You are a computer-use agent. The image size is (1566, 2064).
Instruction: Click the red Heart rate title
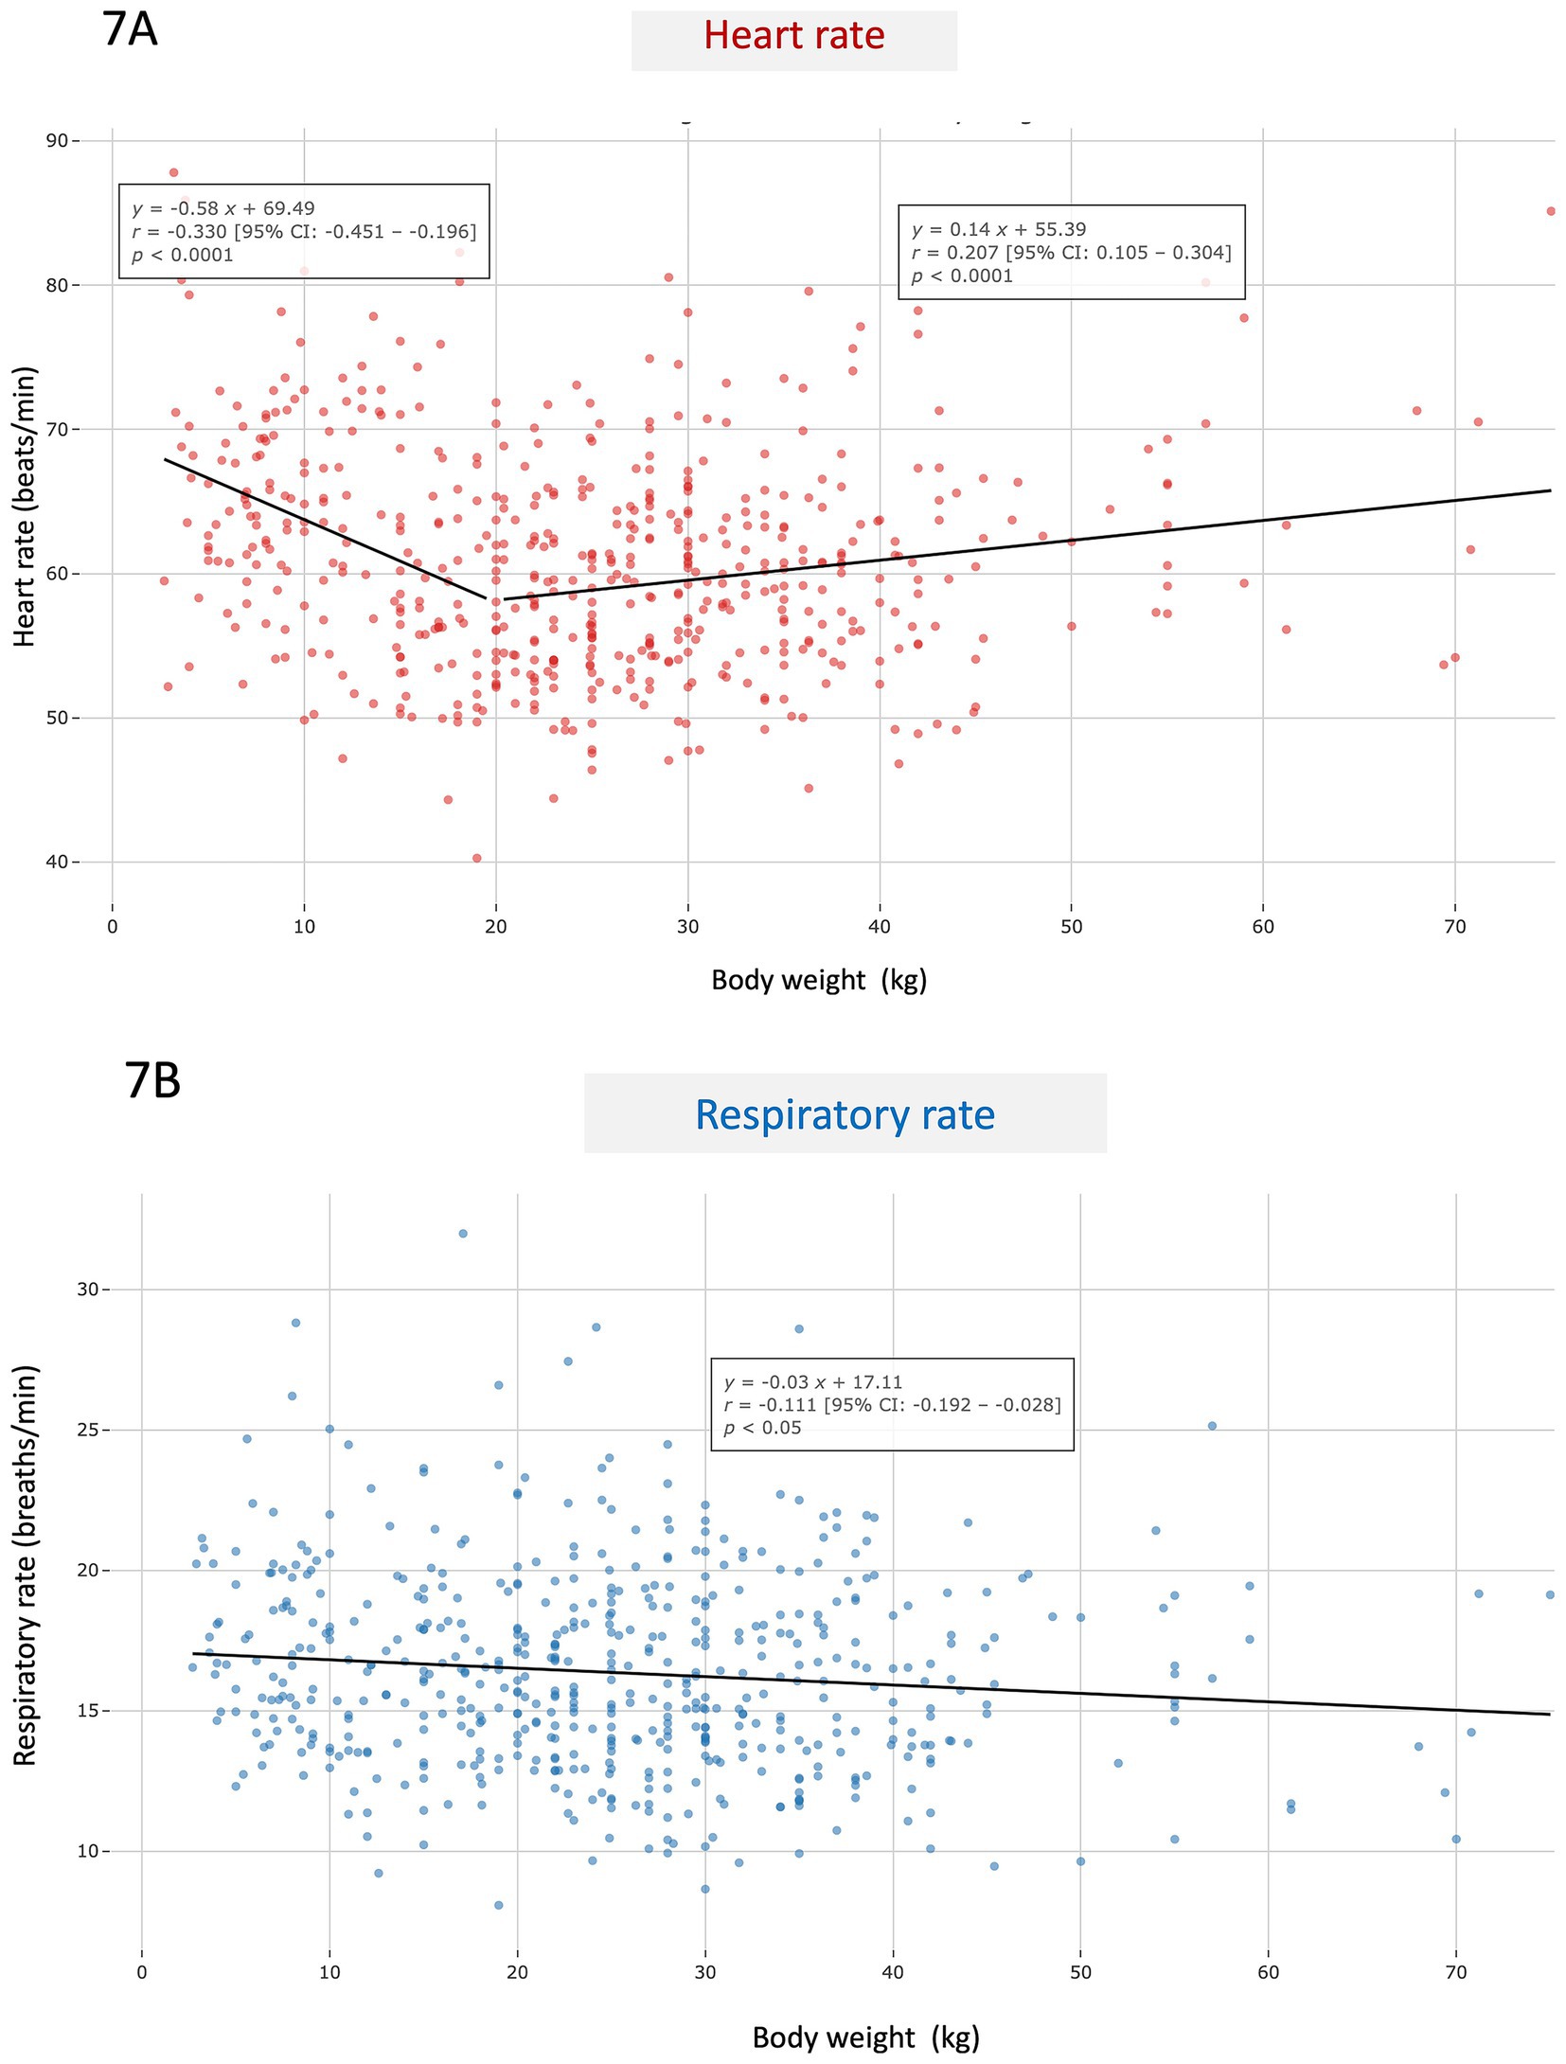click(x=793, y=36)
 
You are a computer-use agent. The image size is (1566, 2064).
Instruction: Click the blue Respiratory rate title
click(x=845, y=1114)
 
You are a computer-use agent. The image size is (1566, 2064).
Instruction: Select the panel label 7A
click(x=129, y=30)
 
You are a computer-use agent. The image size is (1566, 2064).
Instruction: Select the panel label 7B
click(x=152, y=1080)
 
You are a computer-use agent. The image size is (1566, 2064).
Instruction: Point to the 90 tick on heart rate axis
click(x=57, y=141)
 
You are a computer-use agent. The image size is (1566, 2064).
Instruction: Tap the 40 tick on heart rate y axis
click(x=57, y=862)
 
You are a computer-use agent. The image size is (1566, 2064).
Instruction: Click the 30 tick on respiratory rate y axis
click(x=88, y=1290)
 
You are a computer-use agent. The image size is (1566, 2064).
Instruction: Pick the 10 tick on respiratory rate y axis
click(x=88, y=1851)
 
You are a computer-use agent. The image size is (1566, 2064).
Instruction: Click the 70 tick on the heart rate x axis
click(x=1454, y=927)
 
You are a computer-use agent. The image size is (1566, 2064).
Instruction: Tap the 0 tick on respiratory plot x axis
click(x=142, y=1972)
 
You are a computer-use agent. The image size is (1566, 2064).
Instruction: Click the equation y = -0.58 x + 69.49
click(x=223, y=208)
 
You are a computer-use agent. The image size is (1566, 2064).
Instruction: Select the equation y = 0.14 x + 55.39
click(x=998, y=229)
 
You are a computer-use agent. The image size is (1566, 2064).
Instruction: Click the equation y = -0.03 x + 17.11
click(x=813, y=1382)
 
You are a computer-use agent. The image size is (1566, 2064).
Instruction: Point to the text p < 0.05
click(x=762, y=1428)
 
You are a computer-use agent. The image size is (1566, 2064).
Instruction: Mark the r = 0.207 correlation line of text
click(x=1070, y=253)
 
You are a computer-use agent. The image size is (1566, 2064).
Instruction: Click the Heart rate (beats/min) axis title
click(x=26, y=507)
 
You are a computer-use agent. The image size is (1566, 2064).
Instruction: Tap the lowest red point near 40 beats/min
click(x=476, y=858)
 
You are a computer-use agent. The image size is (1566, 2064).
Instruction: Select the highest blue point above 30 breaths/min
click(x=463, y=1234)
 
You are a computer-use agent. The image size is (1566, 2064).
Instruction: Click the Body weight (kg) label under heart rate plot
click(x=819, y=980)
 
